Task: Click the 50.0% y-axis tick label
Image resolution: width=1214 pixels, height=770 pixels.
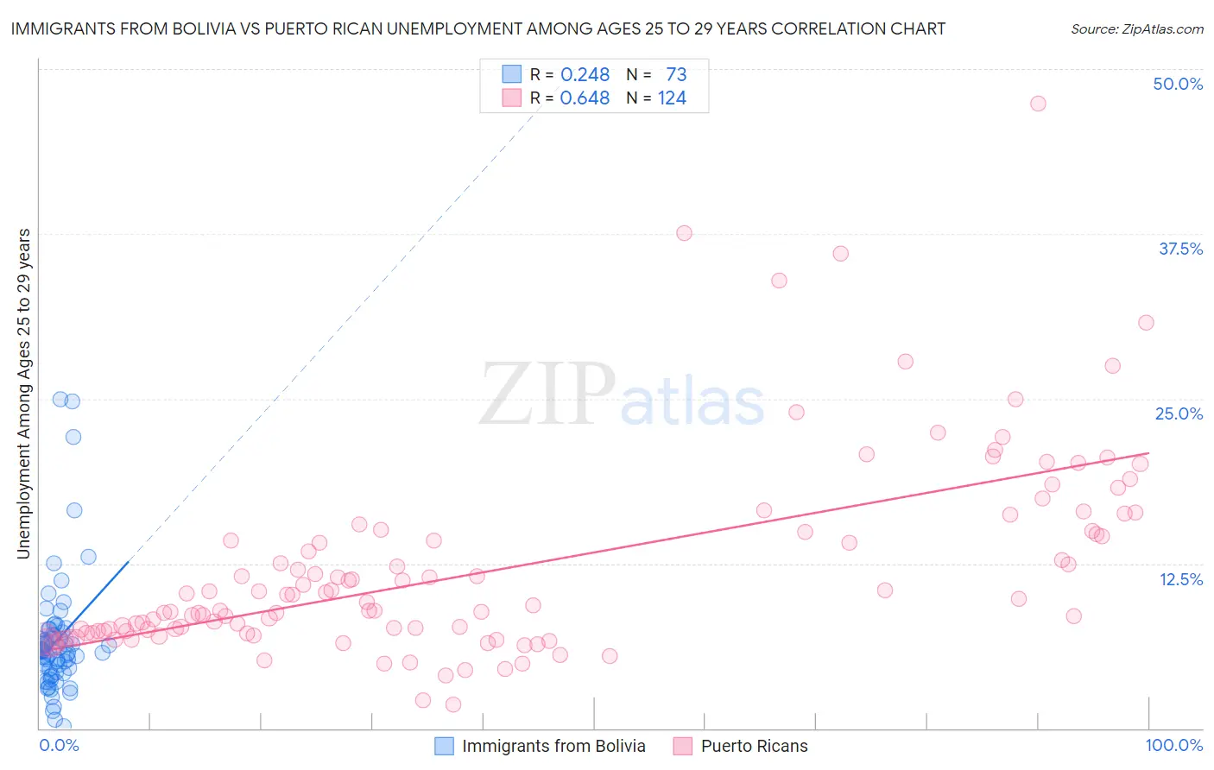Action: pyautogui.click(x=1178, y=84)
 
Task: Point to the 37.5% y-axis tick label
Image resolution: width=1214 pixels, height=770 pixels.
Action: pyautogui.click(x=1180, y=249)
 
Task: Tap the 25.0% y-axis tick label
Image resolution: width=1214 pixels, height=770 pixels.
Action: pyautogui.click(x=1179, y=413)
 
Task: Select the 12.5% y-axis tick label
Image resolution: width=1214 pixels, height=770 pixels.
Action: pyautogui.click(x=1180, y=579)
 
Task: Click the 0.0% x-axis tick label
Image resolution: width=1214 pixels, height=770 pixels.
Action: pyautogui.click(x=59, y=745)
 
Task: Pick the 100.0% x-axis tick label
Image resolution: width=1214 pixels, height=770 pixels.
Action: pyautogui.click(x=1173, y=745)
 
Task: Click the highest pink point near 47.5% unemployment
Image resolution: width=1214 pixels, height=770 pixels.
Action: pyautogui.click(x=1038, y=104)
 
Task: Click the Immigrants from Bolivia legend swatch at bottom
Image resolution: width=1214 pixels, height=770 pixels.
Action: pyautogui.click(x=444, y=746)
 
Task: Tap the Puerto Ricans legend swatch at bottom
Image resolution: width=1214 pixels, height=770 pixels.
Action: pyautogui.click(x=683, y=746)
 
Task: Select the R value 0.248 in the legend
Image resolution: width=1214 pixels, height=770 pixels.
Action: pyautogui.click(x=585, y=75)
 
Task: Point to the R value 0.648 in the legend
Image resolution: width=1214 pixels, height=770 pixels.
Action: pyautogui.click(x=585, y=98)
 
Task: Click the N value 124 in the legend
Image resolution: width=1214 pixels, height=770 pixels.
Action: pyautogui.click(x=672, y=98)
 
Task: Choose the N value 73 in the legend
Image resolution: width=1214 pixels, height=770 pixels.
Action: pyautogui.click(x=676, y=75)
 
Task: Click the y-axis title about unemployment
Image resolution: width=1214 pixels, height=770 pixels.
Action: pyautogui.click(x=23, y=394)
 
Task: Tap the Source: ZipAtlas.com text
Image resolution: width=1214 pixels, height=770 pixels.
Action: pyautogui.click(x=1136, y=29)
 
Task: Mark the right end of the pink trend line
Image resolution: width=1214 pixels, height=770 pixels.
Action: pyautogui.click(x=1148, y=452)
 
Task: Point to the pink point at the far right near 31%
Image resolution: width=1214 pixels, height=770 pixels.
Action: pyautogui.click(x=1146, y=323)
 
